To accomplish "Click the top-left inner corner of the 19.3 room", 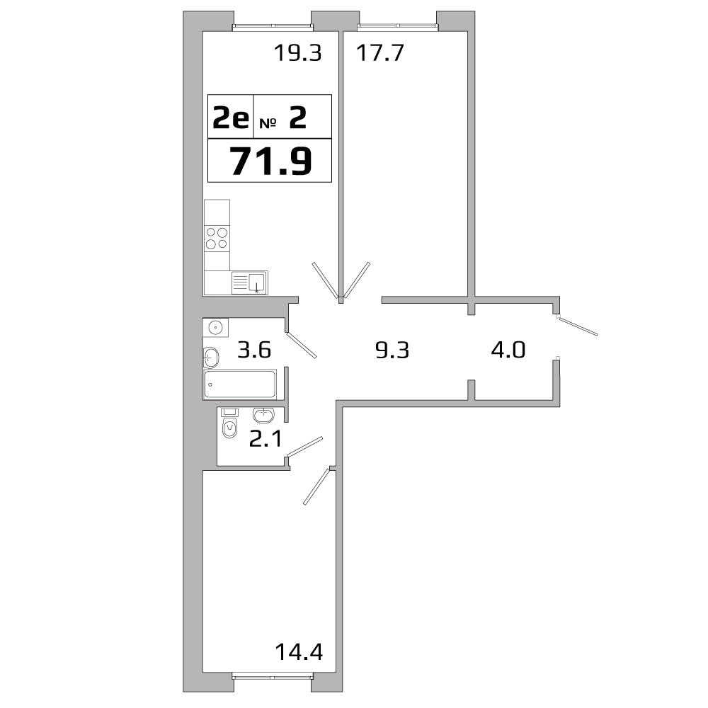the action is (202, 32).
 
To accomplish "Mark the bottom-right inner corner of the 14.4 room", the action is (336, 672).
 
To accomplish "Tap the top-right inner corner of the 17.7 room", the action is (467, 32).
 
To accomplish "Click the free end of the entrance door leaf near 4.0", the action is (597, 335).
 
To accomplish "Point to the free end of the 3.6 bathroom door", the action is (316, 357).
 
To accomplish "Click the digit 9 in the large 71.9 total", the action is (299, 161).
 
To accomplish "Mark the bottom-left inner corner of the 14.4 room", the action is (202, 672).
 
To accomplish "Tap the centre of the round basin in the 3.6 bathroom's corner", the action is (216, 327).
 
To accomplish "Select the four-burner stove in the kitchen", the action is (217, 239).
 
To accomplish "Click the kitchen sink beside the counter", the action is (250, 282).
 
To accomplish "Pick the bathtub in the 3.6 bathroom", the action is (240, 384).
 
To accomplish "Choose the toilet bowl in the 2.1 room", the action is (230, 427).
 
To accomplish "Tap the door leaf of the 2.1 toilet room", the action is (305, 447).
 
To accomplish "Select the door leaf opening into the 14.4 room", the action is (317, 486).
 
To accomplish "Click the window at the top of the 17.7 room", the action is (398, 28).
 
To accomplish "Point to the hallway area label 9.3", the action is (392, 350).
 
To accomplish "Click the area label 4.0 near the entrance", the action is (508, 350).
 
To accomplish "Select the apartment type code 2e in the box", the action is (231, 118).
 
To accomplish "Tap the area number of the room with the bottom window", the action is (299, 652).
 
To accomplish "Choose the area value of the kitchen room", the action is (298, 53).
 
